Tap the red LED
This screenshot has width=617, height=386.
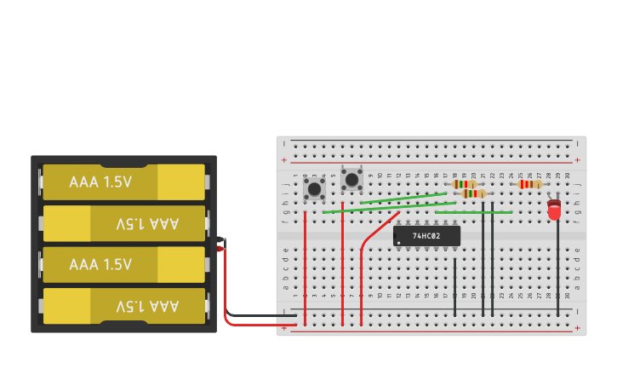(554, 210)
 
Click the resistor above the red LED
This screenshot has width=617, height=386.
(530, 184)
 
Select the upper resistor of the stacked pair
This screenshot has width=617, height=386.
(464, 184)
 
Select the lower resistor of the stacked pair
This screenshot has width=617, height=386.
(473, 193)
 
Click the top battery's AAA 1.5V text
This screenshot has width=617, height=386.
(100, 182)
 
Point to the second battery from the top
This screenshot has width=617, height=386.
(124, 223)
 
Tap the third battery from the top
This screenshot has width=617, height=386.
(124, 264)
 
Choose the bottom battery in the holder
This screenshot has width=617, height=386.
(124, 305)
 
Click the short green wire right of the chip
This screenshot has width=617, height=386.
(473, 212)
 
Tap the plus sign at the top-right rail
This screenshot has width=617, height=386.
(578, 159)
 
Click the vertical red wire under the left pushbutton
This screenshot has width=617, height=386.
(305, 264)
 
